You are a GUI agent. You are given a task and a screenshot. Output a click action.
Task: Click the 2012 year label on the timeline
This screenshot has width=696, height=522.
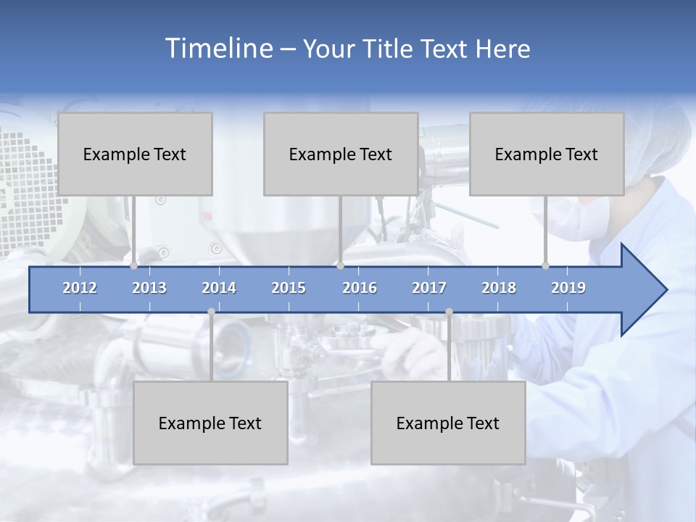[x=80, y=288]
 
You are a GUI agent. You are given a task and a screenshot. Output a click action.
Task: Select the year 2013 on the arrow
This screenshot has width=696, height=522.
[x=149, y=288]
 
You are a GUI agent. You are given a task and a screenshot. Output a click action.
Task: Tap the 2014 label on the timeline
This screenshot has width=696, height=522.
[x=219, y=288]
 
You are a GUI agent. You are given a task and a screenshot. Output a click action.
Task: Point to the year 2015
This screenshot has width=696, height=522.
[x=289, y=288]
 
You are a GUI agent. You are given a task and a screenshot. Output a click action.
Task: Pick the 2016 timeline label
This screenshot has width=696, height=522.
[x=360, y=288]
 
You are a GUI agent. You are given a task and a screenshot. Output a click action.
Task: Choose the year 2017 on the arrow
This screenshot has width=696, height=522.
[x=429, y=288]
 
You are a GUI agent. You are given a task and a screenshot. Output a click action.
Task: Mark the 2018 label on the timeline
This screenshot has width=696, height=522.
[x=499, y=288]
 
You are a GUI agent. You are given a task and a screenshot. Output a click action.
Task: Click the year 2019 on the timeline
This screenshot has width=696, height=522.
[x=568, y=288]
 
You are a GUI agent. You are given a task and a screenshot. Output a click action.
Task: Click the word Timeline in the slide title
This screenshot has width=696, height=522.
[x=217, y=49]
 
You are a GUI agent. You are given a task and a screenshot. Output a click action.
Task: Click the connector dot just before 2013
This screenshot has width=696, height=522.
[x=134, y=266]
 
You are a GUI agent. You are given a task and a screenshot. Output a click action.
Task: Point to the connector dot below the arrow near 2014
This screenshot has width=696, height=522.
[x=211, y=312]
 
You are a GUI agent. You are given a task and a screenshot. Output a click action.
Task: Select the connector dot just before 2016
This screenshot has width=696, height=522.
[x=340, y=266]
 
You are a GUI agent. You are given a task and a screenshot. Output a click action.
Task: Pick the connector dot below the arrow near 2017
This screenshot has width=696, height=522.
[x=449, y=312]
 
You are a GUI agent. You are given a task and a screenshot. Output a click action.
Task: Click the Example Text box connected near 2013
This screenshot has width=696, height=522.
[x=135, y=154]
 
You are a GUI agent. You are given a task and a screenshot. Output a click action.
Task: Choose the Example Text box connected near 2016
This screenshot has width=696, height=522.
[x=341, y=154]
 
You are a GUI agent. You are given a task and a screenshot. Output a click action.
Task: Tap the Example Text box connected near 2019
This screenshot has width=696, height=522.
[x=547, y=154]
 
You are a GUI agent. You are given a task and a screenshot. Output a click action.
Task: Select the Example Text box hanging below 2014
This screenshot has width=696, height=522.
[x=210, y=423]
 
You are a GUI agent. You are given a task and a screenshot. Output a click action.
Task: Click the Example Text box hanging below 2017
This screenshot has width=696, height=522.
[x=448, y=423]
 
